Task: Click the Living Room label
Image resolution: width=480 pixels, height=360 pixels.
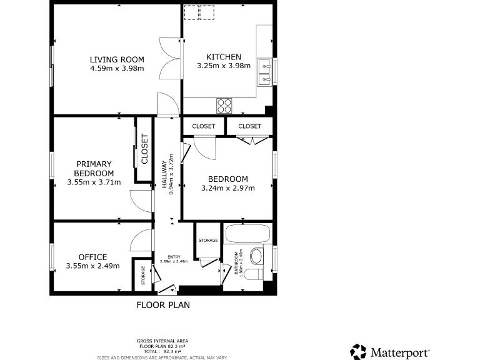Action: (117, 59)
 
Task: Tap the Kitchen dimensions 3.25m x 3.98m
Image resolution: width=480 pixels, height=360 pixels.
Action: (223, 66)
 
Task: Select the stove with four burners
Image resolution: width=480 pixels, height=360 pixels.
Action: (224, 106)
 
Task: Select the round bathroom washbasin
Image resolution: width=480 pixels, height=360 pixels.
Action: (256, 256)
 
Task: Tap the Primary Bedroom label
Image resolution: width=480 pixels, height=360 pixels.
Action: (94, 169)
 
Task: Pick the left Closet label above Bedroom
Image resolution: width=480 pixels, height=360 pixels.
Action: (204, 126)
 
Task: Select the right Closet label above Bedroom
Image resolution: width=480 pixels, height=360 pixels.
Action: (249, 126)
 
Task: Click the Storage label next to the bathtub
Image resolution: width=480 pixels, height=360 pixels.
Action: (208, 241)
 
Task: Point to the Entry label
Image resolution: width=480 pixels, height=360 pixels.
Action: (174, 257)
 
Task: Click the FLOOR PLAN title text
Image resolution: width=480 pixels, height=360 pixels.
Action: (163, 306)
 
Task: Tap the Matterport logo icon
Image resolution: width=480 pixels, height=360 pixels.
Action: (358, 352)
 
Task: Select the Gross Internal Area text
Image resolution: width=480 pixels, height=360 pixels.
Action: (162, 341)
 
